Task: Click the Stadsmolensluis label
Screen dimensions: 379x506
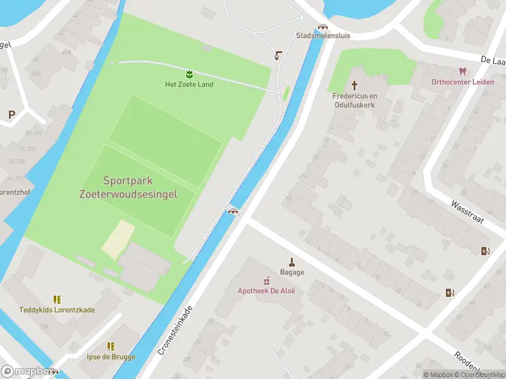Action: [x=323, y=36]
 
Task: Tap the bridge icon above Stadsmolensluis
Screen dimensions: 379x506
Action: [x=323, y=27]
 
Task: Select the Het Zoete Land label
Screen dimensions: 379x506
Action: [x=189, y=85]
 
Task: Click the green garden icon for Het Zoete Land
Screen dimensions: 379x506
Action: [x=189, y=75]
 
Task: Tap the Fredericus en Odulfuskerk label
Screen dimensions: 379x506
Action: [x=355, y=100]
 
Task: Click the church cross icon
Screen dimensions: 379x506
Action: [x=355, y=85]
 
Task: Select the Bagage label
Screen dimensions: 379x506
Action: [x=292, y=272]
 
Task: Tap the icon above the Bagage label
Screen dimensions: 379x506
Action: [x=292, y=262]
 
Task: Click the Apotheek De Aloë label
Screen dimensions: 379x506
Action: [x=266, y=291]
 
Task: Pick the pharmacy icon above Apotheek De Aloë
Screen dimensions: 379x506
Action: [x=266, y=280]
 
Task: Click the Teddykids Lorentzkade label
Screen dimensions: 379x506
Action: [x=57, y=310]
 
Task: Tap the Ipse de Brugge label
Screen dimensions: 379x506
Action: [x=111, y=357]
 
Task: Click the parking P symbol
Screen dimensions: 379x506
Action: [x=11, y=115]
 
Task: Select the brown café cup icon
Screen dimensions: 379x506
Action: [x=278, y=56]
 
